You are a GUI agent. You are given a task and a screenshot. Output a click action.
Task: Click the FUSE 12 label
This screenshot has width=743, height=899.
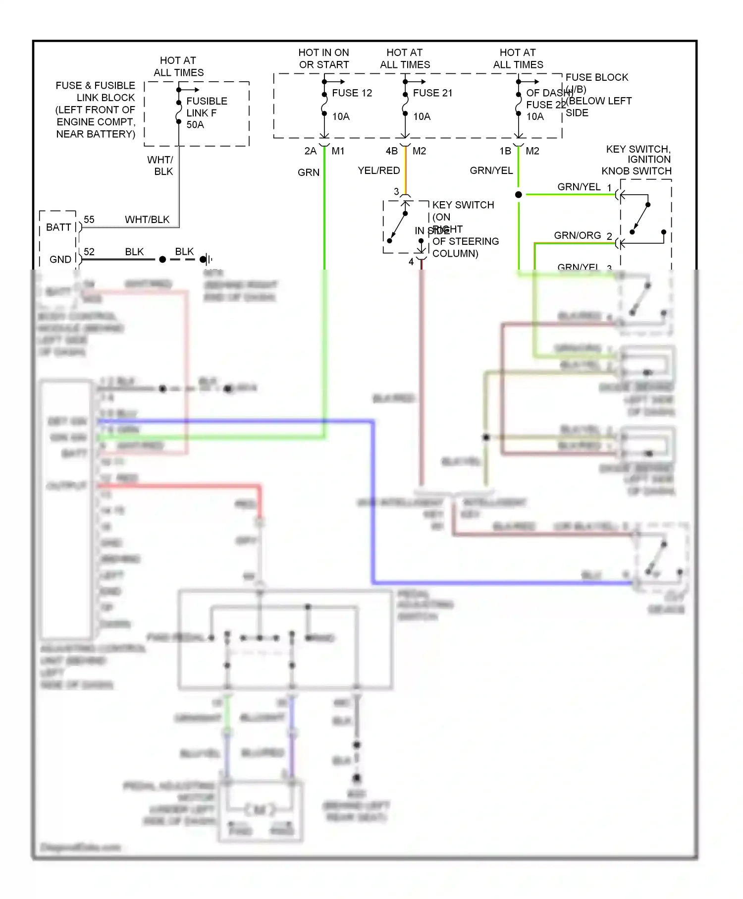pos(352,93)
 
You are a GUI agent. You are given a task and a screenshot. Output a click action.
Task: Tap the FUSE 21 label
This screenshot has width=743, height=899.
pos(432,93)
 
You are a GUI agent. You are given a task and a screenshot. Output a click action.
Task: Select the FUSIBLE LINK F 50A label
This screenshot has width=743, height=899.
pos(206,113)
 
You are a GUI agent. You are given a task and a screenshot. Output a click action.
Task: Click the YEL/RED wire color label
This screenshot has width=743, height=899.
pos(379,170)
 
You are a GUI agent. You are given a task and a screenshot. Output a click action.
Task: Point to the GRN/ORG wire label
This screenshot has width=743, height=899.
pos(577,235)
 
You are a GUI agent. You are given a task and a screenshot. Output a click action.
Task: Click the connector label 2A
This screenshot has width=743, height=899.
pos(310,151)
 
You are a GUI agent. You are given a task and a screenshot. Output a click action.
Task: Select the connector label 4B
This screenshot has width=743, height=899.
pos(391,151)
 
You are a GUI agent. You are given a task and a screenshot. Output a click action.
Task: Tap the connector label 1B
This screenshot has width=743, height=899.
pos(505,151)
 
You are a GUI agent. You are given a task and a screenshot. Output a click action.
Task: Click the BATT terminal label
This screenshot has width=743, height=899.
pos(58,227)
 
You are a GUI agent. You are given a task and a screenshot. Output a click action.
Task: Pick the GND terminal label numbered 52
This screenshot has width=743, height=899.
pos(60,259)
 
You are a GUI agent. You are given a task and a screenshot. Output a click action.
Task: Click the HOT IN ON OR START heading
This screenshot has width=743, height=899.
pos(323,58)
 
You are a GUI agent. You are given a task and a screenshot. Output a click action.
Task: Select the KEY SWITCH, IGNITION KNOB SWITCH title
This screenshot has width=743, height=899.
pos(637,160)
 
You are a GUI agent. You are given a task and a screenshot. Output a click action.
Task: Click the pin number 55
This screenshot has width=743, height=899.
pos(89,220)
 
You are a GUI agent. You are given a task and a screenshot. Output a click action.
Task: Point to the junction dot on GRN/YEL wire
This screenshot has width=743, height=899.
pos(519,195)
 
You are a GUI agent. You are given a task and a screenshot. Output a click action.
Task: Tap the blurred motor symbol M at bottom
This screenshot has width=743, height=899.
pos(260,810)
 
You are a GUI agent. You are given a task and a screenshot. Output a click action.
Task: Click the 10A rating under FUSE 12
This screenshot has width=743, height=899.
pos(341,116)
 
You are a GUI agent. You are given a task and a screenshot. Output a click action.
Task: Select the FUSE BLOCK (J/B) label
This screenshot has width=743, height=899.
pos(596,83)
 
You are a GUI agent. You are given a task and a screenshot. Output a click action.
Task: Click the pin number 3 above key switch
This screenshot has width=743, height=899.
pos(396,191)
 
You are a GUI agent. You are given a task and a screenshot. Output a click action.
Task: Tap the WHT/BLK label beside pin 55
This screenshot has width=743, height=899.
pos(147,220)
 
